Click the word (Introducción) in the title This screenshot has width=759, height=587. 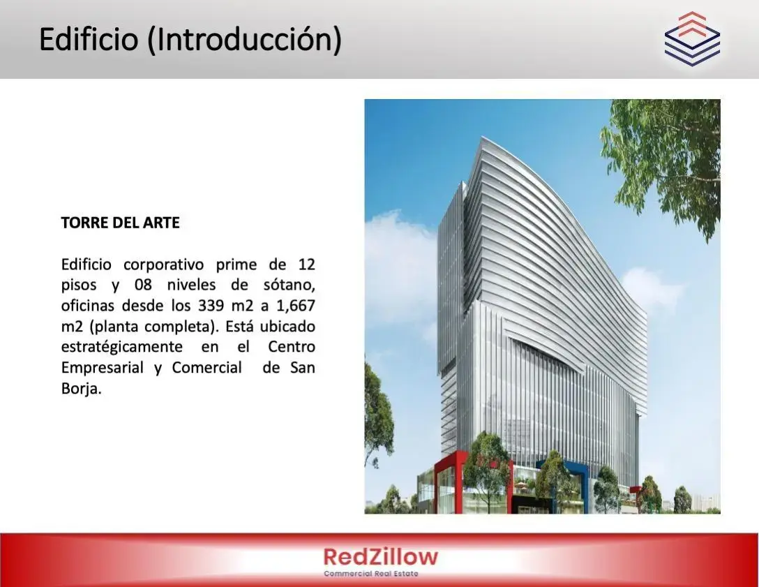point(244,40)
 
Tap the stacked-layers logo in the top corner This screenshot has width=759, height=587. point(692,39)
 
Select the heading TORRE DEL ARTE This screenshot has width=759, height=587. point(120,222)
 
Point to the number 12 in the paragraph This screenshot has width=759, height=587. point(306,264)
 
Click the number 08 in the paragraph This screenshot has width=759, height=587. point(143,285)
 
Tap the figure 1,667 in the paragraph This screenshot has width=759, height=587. point(295,306)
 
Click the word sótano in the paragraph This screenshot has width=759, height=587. point(289,285)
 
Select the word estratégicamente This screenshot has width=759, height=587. point(121,348)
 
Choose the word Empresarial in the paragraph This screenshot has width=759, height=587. point(102,368)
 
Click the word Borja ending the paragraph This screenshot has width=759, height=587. point(82,389)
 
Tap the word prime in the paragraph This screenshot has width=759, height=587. point(236,265)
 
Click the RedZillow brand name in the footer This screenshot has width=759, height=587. point(380,556)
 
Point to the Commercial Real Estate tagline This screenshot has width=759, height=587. point(371,574)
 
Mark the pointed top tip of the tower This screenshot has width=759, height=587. point(481,137)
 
